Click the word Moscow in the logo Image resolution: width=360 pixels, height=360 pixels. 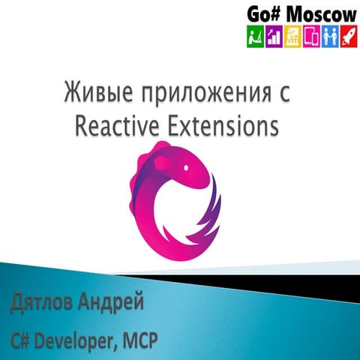click(314, 13)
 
